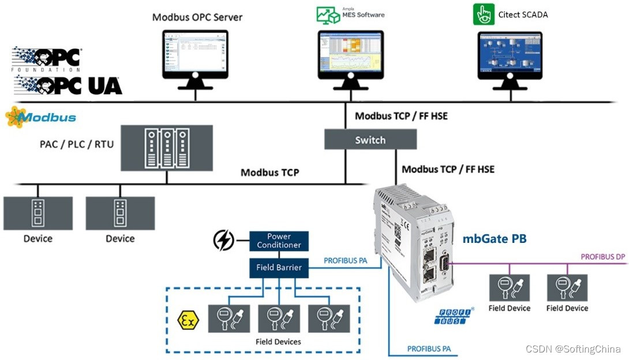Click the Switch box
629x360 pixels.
click(x=370, y=140)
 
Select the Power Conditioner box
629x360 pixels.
click(x=279, y=241)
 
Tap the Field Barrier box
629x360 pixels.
click(x=279, y=268)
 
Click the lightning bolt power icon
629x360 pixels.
click(x=224, y=240)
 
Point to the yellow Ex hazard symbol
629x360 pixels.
click(x=188, y=320)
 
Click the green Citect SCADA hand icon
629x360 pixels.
click(x=484, y=14)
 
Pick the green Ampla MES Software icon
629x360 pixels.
click(x=328, y=15)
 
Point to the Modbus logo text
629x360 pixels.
click(x=46, y=118)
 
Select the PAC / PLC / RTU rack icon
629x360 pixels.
click(x=166, y=148)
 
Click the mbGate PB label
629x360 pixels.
click(x=495, y=238)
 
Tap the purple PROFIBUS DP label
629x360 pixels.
click(x=602, y=256)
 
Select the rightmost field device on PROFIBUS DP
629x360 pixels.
click(x=567, y=288)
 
